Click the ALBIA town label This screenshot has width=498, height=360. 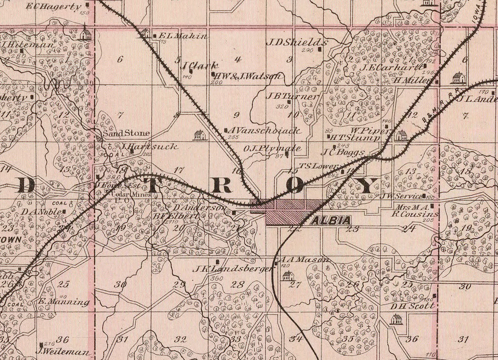(x=331, y=221)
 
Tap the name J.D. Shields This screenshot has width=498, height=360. (x=297, y=42)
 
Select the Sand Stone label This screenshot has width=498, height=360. (x=126, y=133)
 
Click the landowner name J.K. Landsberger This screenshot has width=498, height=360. (x=233, y=269)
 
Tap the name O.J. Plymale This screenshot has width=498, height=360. (x=272, y=148)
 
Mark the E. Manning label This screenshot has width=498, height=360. (x=64, y=303)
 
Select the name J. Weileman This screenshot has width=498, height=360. (x=62, y=352)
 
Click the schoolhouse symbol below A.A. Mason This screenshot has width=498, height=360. (x=288, y=276)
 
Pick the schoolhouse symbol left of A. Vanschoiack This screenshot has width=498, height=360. (x=199, y=135)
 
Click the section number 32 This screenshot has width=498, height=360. (x=180, y=339)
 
